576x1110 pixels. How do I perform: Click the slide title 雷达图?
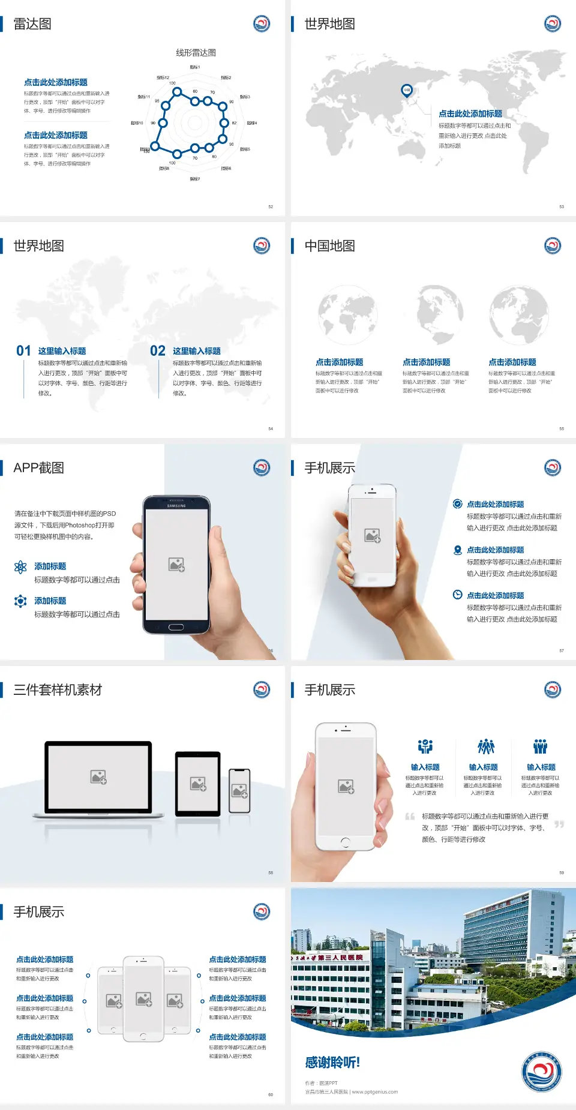(32, 24)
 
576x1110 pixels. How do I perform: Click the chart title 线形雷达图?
(196, 53)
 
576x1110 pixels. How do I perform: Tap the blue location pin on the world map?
(406, 90)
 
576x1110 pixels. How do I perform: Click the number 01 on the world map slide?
(23, 350)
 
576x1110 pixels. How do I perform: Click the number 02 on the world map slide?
(158, 350)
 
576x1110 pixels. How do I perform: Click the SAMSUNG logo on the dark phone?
(176, 506)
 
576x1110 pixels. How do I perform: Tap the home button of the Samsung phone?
(176, 627)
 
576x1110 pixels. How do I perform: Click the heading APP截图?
(38, 468)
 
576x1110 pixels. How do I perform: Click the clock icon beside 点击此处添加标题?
(457, 595)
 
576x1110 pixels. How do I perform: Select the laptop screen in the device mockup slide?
(98, 776)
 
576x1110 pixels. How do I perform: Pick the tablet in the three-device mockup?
(198, 784)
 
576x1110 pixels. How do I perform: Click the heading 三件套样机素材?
(58, 690)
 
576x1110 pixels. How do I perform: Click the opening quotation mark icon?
(410, 816)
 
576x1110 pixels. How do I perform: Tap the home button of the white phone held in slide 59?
(345, 842)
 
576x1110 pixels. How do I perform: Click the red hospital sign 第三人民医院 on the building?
(340, 957)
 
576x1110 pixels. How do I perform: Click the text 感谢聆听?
(332, 1063)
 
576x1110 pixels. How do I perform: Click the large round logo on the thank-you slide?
(541, 1072)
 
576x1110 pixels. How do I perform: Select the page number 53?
(562, 206)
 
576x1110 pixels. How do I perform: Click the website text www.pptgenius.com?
(374, 1092)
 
